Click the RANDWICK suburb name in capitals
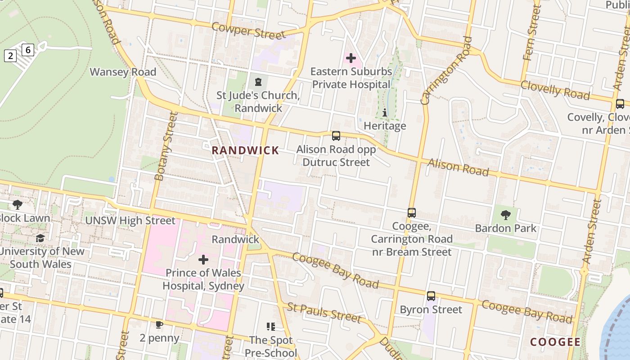[245, 151]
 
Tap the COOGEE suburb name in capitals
[555, 342]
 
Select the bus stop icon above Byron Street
[431, 296]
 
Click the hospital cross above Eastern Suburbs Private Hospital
[351, 58]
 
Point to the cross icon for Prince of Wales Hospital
[203, 260]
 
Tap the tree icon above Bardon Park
[506, 215]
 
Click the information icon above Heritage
[385, 112]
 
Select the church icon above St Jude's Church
[258, 82]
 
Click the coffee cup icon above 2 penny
[159, 324]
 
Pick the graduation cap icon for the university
[40, 238]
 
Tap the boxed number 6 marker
[28, 49]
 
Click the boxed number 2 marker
[10, 56]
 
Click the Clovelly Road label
[555, 90]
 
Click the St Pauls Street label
[324, 313]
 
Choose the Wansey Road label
[123, 72]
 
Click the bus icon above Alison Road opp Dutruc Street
[336, 136]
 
